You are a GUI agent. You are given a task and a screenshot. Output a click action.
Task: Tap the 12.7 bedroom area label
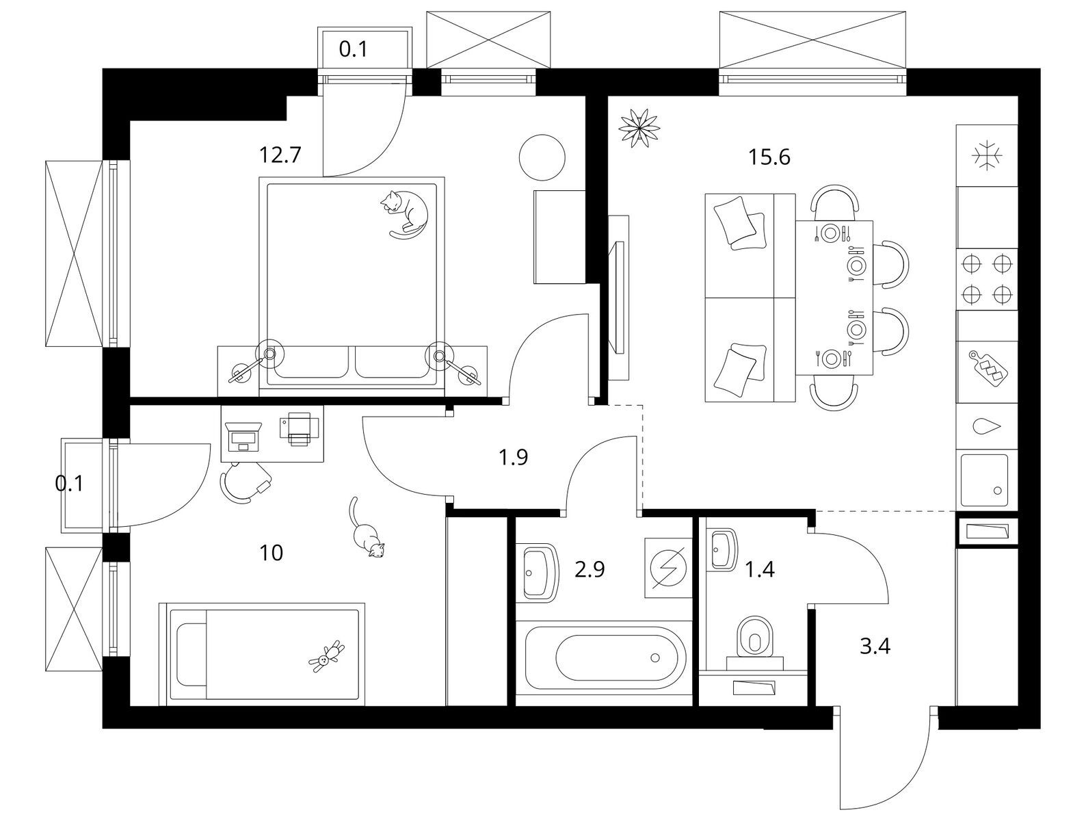pos(280,156)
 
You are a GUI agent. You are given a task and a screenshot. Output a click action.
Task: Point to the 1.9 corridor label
pos(513,457)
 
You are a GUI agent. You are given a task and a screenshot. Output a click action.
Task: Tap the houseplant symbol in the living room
pos(639,127)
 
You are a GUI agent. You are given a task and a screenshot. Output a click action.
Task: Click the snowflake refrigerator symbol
pos(986,155)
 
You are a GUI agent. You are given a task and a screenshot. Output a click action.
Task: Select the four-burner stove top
pos(986,278)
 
